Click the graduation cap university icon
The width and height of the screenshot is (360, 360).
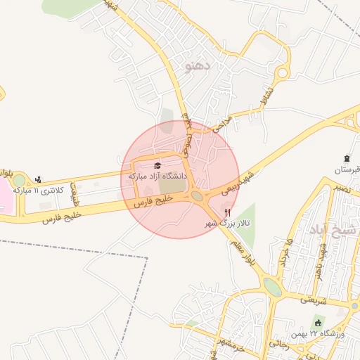point(157,165)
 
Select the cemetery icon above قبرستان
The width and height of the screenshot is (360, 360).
point(347,159)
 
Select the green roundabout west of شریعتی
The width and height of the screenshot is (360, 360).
point(272,288)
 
